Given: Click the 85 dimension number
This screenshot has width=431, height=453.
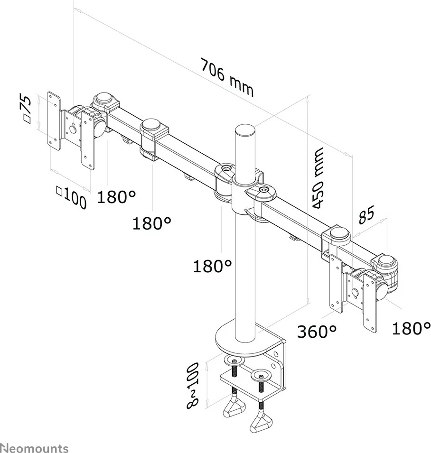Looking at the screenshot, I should [366, 215].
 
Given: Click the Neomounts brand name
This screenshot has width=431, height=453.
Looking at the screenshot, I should [34, 448].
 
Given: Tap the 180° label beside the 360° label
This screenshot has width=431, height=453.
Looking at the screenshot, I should [411, 327].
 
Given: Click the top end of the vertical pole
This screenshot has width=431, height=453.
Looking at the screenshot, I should [244, 129].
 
